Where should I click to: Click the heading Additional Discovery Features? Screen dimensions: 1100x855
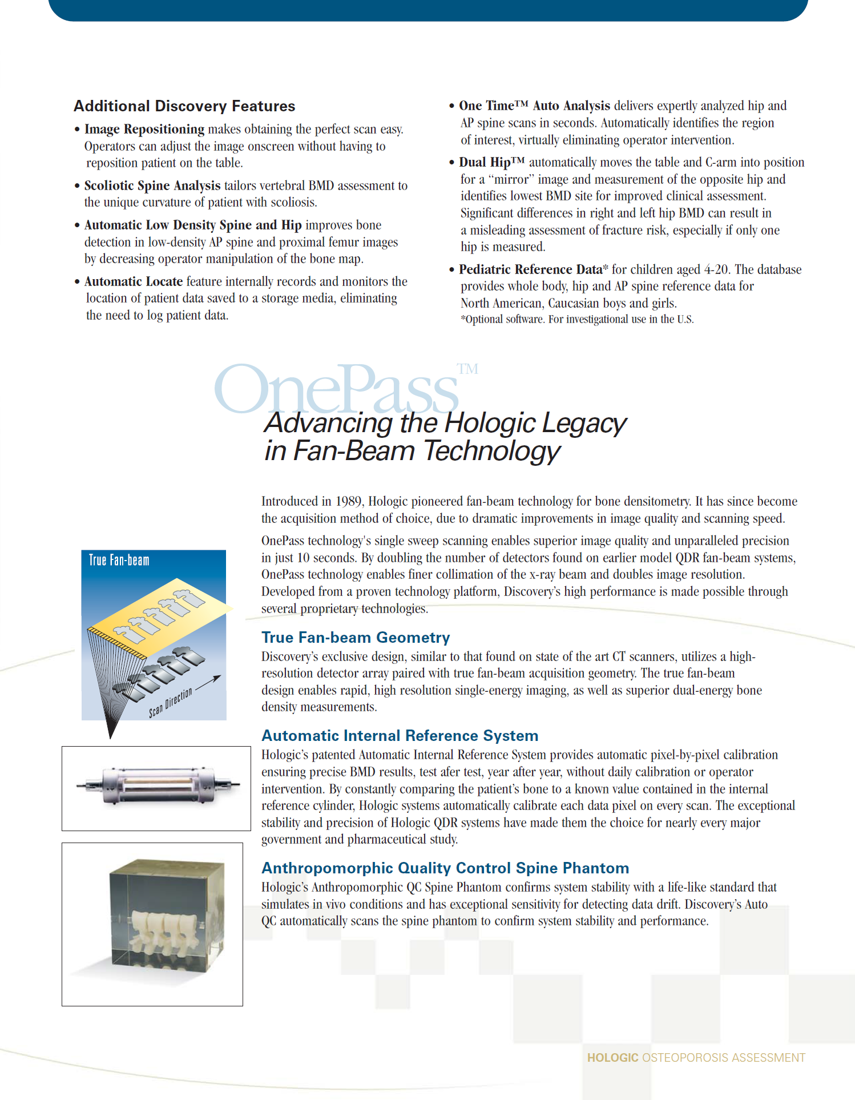pyautogui.click(x=184, y=106)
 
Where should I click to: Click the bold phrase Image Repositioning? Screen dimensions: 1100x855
pyautogui.click(x=144, y=130)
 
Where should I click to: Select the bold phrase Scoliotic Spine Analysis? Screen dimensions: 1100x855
pyautogui.click(x=152, y=186)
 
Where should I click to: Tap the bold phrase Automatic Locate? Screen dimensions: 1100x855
pyautogui.click(x=133, y=282)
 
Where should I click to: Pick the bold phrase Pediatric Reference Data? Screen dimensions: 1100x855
pyautogui.click(x=530, y=270)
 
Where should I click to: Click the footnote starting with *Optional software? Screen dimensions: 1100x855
pyautogui.click(x=577, y=320)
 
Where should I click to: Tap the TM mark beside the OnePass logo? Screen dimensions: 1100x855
pyautogui.click(x=467, y=369)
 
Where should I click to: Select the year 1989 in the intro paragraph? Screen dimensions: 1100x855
pyautogui.click(x=348, y=502)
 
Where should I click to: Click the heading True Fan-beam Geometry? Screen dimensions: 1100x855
pyautogui.click(x=356, y=638)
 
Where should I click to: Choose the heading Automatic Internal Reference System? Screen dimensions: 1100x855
pyautogui.click(x=400, y=736)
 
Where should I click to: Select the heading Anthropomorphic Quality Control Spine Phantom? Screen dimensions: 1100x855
pyautogui.click(x=445, y=868)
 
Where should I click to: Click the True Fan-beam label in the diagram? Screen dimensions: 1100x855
pyautogui.click(x=119, y=561)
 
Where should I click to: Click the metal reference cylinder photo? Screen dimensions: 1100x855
pyautogui.click(x=156, y=786)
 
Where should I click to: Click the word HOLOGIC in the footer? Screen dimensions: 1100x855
pyautogui.click(x=612, y=1058)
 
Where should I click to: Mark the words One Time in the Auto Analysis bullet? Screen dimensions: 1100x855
pyautogui.click(x=486, y=106)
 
